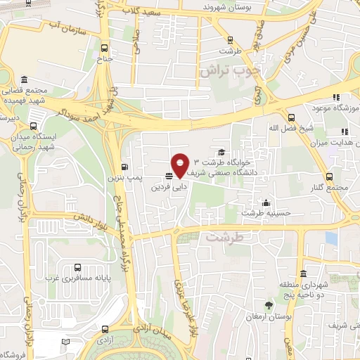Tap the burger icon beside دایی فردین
pos(169,176)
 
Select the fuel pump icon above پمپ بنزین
pos(124,167)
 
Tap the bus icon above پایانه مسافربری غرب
pos(77,268)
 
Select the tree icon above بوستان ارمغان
pos(268,304)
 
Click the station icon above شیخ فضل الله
pos(291,117)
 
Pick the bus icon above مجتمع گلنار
pos(328,176)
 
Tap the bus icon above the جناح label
pos(105,49)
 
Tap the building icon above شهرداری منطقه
pos(302,274)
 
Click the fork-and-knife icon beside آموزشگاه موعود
pos(337,97)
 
